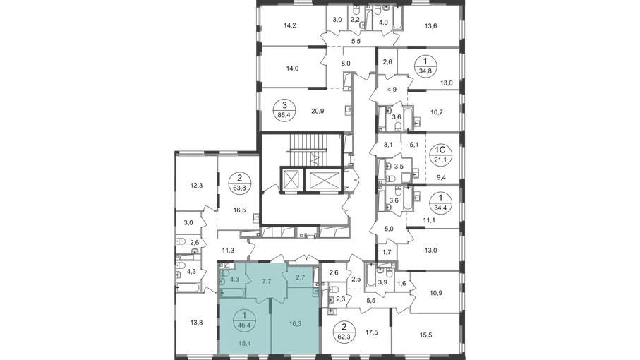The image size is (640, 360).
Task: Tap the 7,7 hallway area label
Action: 267,280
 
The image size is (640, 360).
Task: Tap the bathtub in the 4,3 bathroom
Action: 230,292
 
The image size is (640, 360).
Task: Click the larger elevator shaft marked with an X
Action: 325,180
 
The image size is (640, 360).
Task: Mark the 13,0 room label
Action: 432,248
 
